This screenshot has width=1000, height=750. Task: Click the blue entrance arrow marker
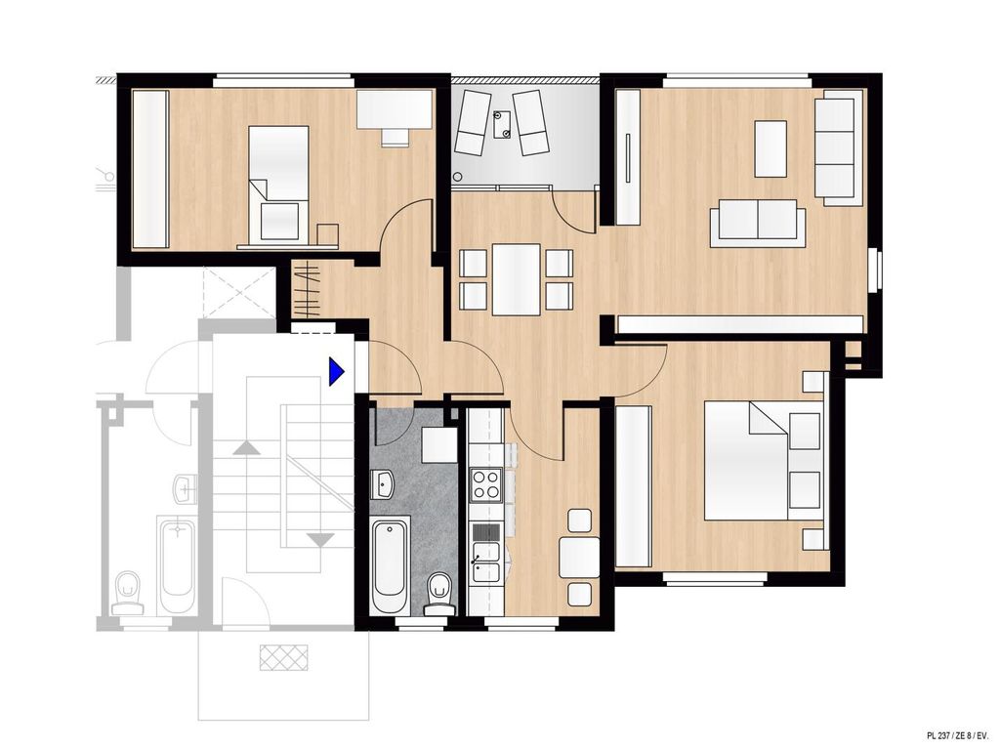336,371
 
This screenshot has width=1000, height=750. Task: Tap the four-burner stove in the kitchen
486,484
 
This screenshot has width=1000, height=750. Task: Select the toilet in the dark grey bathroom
437,593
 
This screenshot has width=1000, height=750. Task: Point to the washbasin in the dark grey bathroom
383,484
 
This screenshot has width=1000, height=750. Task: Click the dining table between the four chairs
516,279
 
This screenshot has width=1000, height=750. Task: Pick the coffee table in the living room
771,148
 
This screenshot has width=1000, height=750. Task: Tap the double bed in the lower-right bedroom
762,460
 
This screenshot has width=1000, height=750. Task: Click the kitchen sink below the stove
486,562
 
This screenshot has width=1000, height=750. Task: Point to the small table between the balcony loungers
502,124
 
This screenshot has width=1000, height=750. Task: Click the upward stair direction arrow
247,447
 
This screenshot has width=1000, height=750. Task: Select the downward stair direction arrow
320,539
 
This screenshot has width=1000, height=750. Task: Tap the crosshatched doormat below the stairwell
284,657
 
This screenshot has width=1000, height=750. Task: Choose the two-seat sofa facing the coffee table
758,223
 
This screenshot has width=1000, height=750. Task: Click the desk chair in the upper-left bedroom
396,138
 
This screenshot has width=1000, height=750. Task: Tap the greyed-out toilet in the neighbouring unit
128,593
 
